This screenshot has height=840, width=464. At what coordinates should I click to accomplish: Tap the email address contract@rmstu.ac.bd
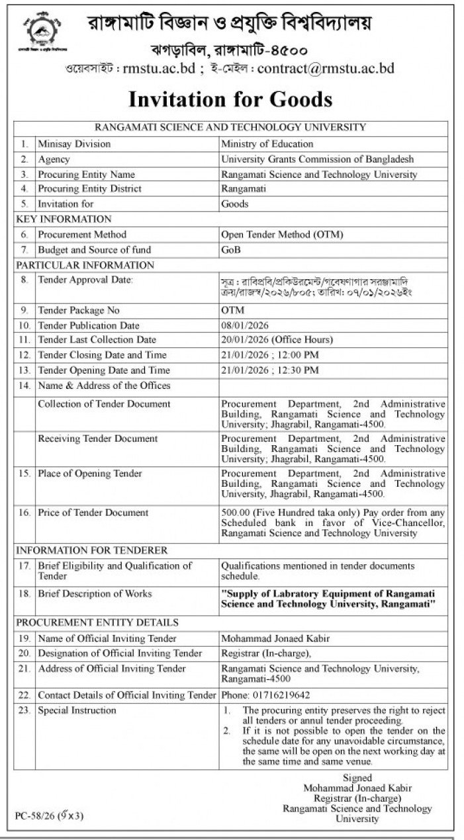[326, 68]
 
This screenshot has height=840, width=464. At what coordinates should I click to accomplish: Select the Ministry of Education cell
[267, 144]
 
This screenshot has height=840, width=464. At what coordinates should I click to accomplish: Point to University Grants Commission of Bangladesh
[317, 159]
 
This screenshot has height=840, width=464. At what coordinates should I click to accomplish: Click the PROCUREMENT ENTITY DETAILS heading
[97, 622]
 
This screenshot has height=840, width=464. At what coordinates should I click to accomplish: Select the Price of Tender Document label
[93, 513]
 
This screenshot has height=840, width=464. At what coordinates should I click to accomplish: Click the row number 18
[24, 594]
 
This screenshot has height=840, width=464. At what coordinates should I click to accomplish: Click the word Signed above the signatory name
[357, 778]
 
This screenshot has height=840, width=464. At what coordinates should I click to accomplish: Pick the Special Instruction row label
[77, 710]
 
